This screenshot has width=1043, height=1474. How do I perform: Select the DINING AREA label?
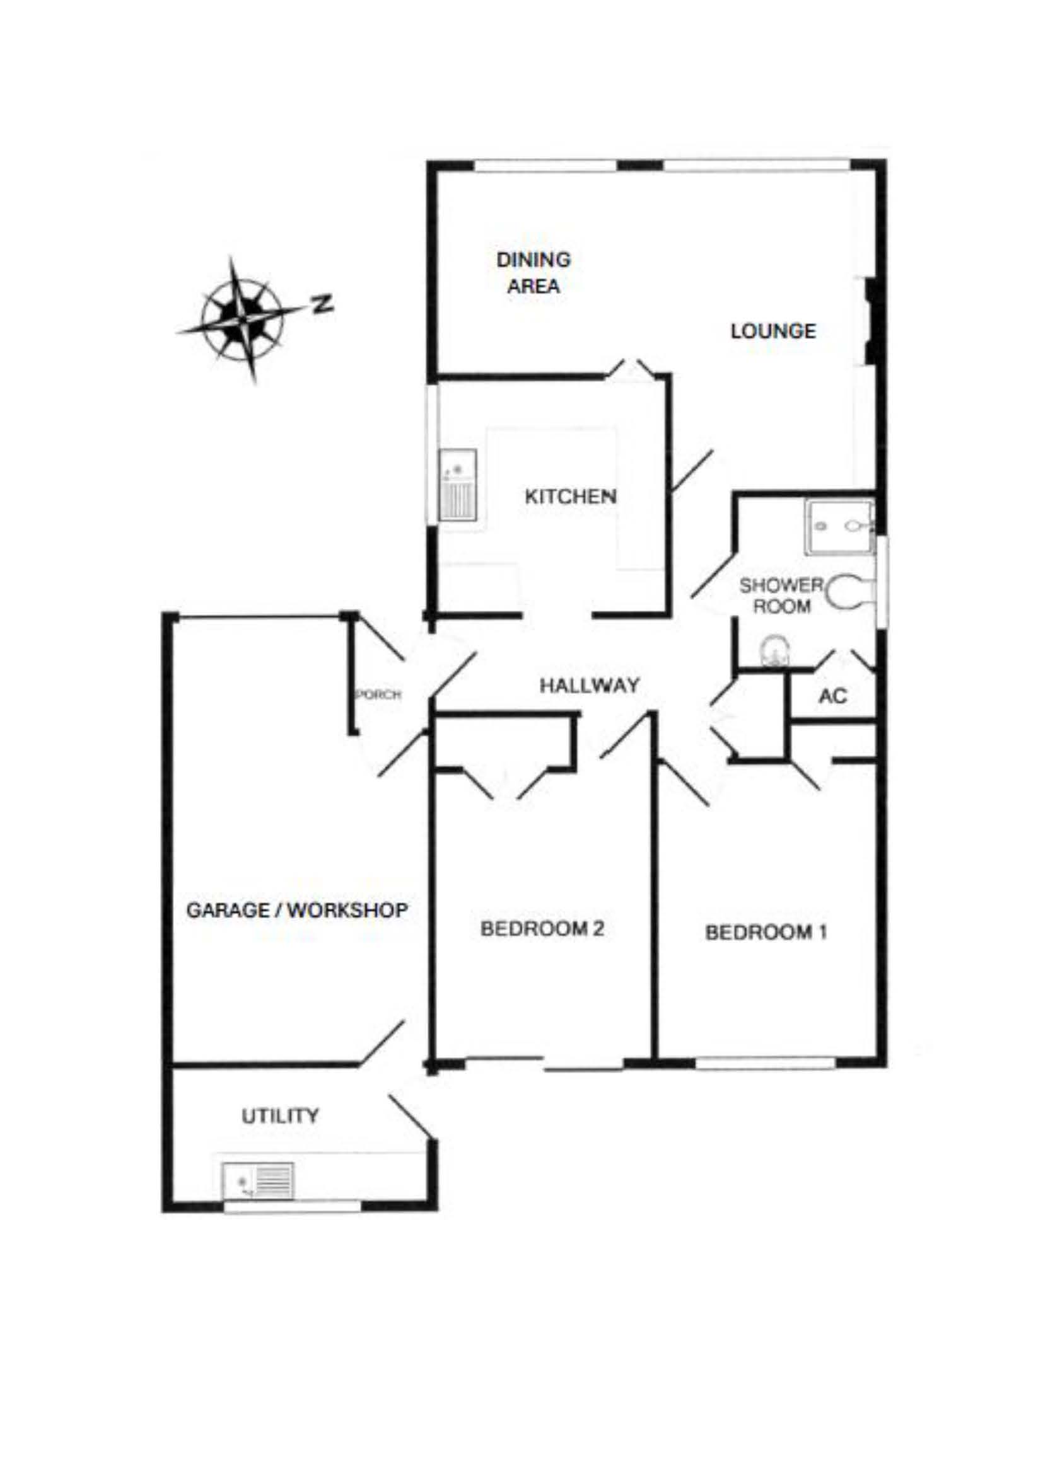[x=533, y=273]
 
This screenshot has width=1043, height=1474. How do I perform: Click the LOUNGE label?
[x=773, y=331]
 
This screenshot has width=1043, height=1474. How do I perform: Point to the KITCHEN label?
[x=570, y=496]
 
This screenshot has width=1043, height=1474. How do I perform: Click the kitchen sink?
[x=458, y=485]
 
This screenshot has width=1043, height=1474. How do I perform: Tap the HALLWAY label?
[x=590, y=686]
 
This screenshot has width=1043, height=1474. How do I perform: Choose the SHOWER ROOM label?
[x=781, y=595]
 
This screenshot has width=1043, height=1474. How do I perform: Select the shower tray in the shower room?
[x=840, y=526]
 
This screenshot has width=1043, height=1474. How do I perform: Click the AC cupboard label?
[x=833, y=695]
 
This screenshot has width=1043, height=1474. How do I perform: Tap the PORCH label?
[x=378, y=694]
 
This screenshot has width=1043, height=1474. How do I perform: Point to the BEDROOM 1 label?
[x=766, y=931]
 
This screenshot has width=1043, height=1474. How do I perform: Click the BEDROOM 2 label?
[x=542, y=928]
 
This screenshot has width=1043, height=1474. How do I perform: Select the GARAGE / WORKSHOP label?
[x=297, y=910]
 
